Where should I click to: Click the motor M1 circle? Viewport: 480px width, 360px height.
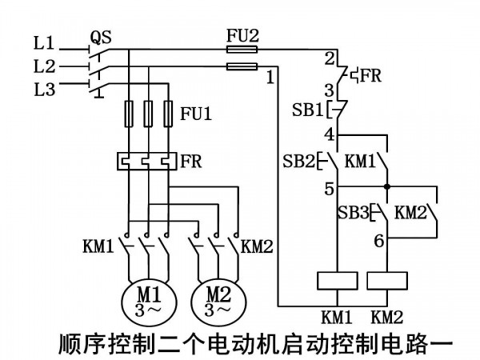[x=122, y=302]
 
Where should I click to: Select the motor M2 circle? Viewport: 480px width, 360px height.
[x=191, y=302]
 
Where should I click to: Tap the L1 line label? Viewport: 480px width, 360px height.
[x=44, y=42]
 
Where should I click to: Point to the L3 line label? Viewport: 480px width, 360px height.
[x=44, y=90]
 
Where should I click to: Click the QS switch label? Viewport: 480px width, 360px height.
[x=101, y=38]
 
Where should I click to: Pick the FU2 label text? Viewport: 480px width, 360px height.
[x=242, y=35]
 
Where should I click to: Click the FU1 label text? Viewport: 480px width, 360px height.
[x=196, y=114]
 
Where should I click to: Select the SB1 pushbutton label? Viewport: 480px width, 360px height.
[x=308, y=110]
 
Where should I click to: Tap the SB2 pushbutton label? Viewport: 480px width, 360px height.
[x=298, y=161]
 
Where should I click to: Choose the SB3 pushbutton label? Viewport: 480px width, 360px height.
[x=354, y=211]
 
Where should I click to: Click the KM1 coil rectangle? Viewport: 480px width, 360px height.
[x=338, y=281]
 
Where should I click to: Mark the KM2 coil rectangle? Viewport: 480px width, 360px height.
[x=387, y=281]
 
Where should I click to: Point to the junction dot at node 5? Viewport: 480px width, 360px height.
[x=387, y=186]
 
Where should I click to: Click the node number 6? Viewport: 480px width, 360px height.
[x=379, y=241]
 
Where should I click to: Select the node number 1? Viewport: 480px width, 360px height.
[x=270, y=77]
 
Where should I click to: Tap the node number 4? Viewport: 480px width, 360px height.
[x=330, y=134]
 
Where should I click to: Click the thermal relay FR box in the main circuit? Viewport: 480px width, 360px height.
[x=147, y=161]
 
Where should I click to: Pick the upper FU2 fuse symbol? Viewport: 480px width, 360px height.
[x=242, y=50]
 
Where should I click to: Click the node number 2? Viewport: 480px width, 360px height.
[x=330, y=58]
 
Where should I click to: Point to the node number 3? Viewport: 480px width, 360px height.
[x=330, y=90]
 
